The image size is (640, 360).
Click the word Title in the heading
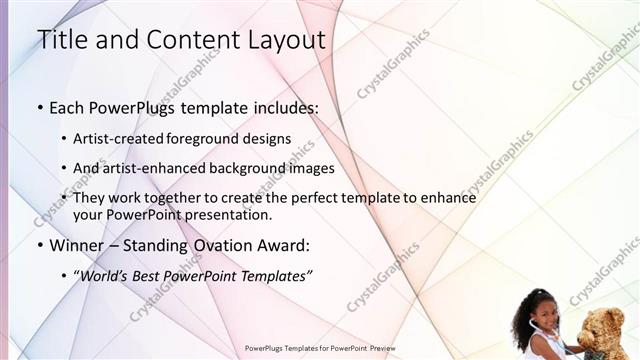61,40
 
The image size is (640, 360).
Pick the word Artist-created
118,139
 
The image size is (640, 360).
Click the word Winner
76,244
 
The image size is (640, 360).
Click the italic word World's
104,275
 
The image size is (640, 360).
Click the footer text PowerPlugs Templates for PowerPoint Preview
320,349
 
